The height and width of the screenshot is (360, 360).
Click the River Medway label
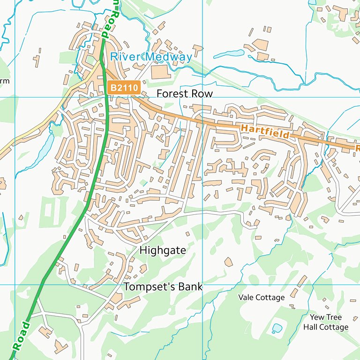pos(151,57)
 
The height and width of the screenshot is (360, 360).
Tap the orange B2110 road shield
pos(124,87)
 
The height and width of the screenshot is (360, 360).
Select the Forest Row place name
pos(184,94)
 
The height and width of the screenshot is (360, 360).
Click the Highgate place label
pos(163,250)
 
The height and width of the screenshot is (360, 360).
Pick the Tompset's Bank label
pos(163,286)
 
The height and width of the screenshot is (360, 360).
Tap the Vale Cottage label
pos(261,297)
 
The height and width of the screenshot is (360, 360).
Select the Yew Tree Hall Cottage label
pos(325,322)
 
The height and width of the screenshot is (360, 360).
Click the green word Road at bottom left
pos(21,336)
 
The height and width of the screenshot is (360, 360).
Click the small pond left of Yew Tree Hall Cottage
pos(277,328)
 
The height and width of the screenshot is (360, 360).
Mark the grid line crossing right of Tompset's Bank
pos(202,285)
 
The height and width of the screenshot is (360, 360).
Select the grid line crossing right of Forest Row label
pos(202,97)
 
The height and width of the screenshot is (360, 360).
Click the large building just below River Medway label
pos(159,71)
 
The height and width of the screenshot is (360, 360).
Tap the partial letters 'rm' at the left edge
pos(4,81)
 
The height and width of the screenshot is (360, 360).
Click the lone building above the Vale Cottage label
pos(228,262)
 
